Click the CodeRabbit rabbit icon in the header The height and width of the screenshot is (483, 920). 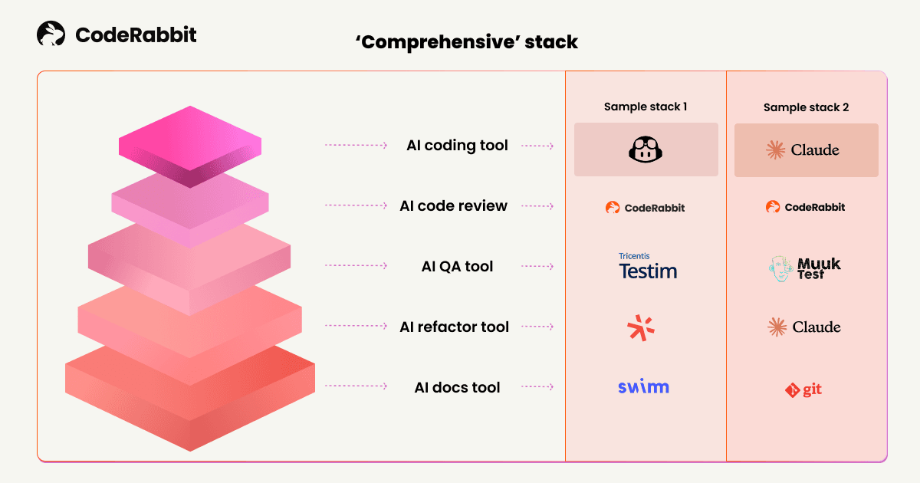click(51, 34)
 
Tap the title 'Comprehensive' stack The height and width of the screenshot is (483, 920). click(466, 41)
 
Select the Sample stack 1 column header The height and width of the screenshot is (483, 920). click(646, 107)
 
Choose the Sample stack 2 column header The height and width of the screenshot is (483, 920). click(806, 107)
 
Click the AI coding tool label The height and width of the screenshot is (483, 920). click(457, 145)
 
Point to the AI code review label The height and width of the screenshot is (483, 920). click(453, 205)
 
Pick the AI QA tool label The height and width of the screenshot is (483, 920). click(457, 266)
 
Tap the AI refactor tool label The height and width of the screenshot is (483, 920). click(454, 327)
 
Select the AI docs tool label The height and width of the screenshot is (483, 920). click(457, 387)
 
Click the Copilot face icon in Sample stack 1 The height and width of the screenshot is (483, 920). click(646, 150)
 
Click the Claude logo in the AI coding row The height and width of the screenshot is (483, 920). click(803, 150)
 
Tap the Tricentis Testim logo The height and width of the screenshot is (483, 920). click(648, 266)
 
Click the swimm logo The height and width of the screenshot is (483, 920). click(643, 386)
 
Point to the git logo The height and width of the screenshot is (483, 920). click(803, 390)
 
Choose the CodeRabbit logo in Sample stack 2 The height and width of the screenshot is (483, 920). click(805, 207)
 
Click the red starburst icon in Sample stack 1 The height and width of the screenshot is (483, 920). click(641, 327)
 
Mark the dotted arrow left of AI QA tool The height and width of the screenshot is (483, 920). click(356, 266)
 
